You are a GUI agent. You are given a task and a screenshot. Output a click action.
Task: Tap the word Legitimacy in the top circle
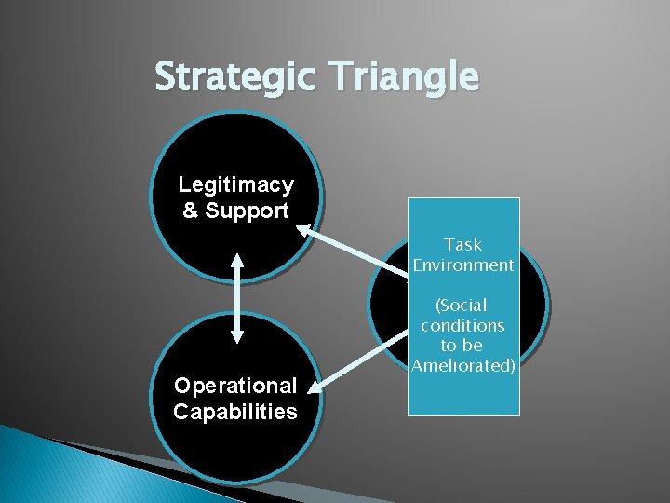(x=235, y=184)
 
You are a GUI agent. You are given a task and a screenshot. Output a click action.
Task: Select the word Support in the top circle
(x=247, y=211)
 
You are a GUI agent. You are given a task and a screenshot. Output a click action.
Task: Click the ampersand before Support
(x=191, y=211)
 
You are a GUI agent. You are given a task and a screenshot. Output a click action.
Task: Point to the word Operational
(x=235, y=386)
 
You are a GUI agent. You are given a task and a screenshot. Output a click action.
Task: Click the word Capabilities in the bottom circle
(x=235, y=412)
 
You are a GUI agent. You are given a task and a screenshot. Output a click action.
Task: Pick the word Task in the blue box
(x=462, y=244)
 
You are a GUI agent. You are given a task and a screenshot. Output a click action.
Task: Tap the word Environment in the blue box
(x=463, y=265)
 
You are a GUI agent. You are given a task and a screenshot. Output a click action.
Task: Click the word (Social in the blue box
(x=462, y=305)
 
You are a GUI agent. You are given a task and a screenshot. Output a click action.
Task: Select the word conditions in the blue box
(x=462, y=325)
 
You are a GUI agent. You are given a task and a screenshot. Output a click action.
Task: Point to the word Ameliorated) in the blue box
(x=463, y=366)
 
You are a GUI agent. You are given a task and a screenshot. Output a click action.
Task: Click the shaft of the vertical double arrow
(x=236, y=298)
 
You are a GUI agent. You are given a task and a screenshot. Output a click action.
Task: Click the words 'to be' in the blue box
(x=462, y=346)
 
